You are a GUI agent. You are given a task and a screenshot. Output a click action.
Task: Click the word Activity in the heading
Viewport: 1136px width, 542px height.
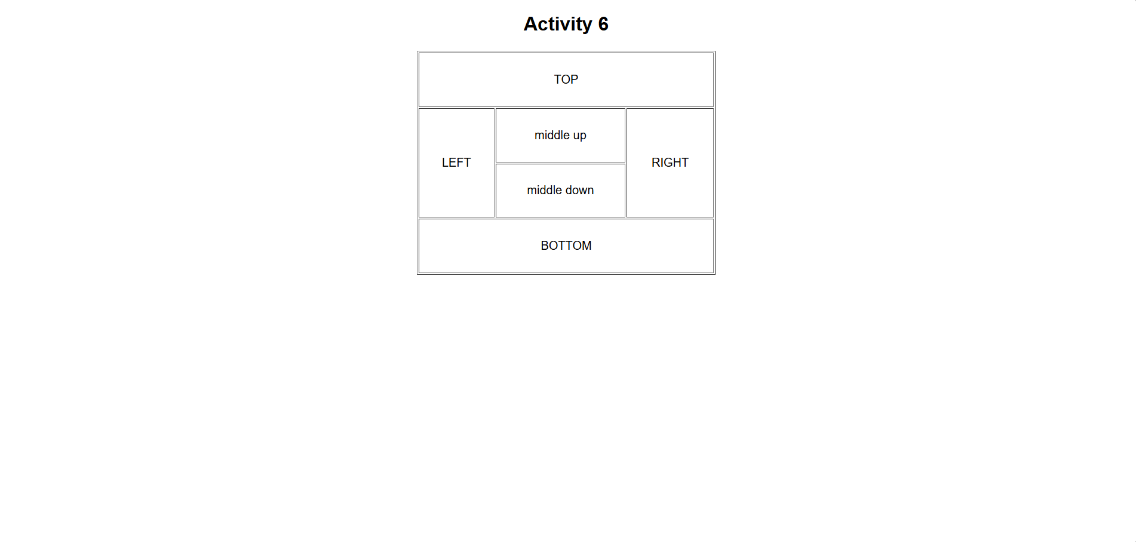558,25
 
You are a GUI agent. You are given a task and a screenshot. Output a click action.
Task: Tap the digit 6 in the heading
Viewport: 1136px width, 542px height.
603,24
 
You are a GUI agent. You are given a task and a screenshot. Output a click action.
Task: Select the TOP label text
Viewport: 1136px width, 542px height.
566,79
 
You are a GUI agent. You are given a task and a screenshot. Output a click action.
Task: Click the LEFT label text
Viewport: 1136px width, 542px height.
456,163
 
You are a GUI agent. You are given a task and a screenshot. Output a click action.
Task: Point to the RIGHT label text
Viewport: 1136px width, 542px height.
670,163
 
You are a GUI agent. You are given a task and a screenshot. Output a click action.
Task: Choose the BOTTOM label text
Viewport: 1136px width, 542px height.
566,246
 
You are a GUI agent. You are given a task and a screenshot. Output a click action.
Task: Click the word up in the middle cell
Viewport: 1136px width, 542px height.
579,136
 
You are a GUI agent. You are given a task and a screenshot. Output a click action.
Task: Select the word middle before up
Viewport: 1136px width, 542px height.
552,135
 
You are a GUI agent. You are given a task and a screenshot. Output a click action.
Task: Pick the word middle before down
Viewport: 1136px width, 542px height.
545,190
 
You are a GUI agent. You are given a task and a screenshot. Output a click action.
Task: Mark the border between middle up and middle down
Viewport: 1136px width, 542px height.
560,163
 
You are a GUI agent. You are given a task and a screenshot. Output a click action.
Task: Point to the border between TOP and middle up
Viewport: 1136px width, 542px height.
560,108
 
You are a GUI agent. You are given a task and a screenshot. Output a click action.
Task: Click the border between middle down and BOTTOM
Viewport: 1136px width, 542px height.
560,218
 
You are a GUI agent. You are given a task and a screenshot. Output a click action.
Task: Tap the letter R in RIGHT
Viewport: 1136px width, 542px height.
656,163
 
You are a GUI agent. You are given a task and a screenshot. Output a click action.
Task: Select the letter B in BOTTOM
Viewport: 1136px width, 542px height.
545,246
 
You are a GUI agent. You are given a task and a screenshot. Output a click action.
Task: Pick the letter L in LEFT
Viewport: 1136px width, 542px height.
445,163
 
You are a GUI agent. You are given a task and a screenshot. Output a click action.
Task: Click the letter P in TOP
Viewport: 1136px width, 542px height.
575,79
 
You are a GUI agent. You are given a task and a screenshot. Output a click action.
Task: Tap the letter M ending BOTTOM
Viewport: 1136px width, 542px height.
587,246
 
